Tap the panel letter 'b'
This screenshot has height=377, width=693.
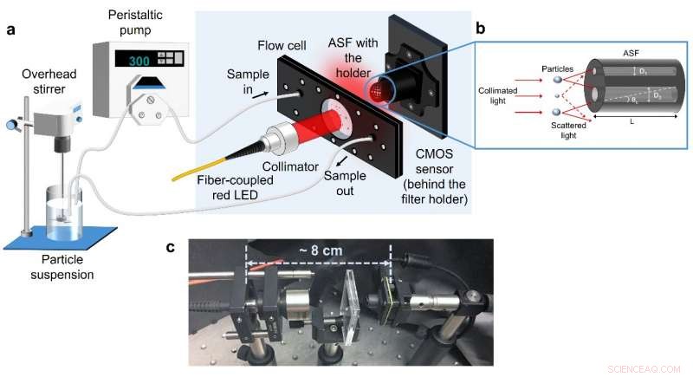[483, 27]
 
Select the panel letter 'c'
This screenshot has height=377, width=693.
[171, 247]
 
